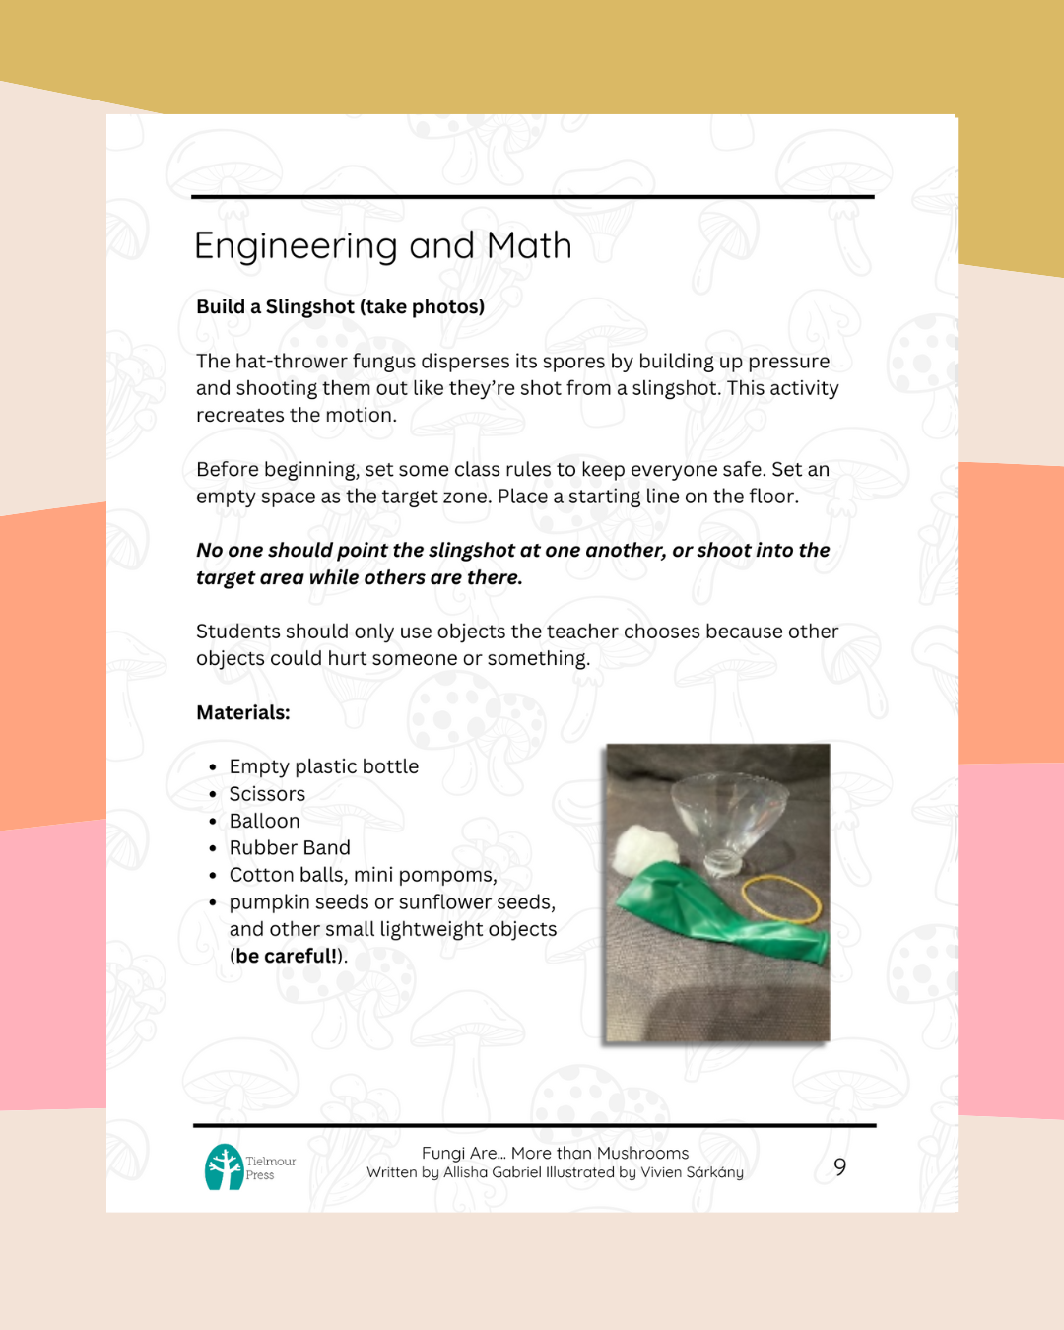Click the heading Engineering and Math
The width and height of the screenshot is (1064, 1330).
click(x=382, y=245)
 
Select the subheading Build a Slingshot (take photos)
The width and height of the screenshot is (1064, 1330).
click(x=340, y=306)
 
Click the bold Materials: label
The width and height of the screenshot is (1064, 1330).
click(x=242, y=712)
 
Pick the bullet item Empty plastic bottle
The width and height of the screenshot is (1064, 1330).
click(x=323, y=766)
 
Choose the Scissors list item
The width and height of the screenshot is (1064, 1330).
click(x=267, y=794)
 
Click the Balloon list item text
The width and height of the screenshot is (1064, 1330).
click(x=264, y=821)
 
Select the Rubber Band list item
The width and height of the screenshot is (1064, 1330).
click(x=290, y=848)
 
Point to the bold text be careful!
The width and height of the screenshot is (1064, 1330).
click(x=287, y=956)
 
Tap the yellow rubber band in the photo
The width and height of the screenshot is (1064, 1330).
click(x=780, y=898)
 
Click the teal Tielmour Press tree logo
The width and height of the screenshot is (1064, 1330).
click(x=225, y=1167)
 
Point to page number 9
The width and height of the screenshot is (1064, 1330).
click(x=839, y=1167)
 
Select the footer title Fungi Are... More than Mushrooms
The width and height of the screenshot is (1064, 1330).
click(x=555, y=1153)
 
